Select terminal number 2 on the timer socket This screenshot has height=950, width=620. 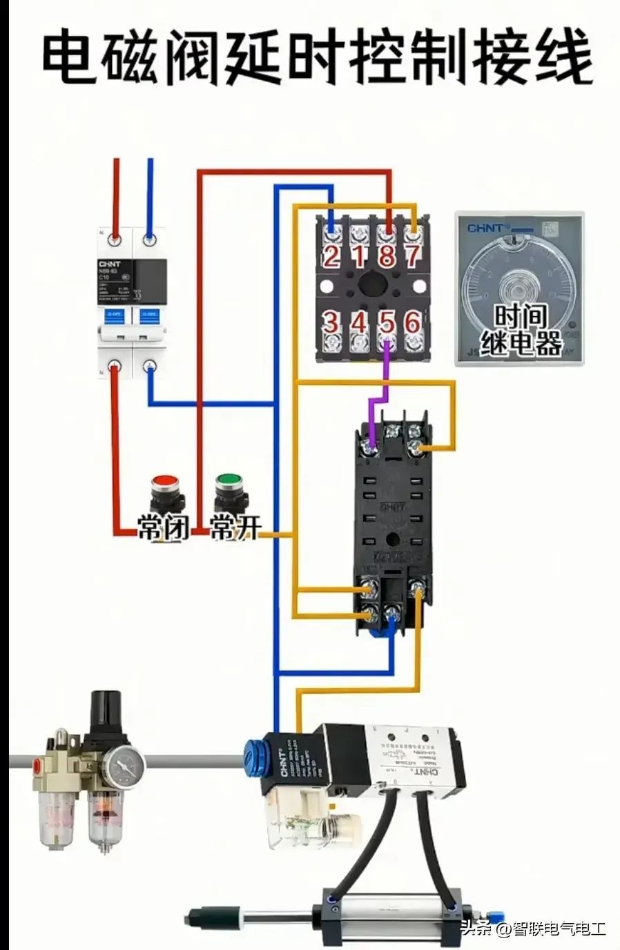(331, 255)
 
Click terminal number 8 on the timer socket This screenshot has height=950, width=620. (387, 255)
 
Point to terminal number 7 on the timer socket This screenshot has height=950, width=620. (414, 255)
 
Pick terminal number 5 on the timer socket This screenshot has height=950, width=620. (387, 322)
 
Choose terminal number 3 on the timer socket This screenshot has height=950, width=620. (331, 322)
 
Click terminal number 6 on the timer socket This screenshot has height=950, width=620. (413, 322)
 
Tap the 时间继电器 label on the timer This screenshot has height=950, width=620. (521, 329)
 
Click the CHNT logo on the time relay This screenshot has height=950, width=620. (485, 228)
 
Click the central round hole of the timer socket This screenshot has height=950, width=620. (373, 284)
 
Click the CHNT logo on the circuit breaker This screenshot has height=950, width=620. (110, 263)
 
